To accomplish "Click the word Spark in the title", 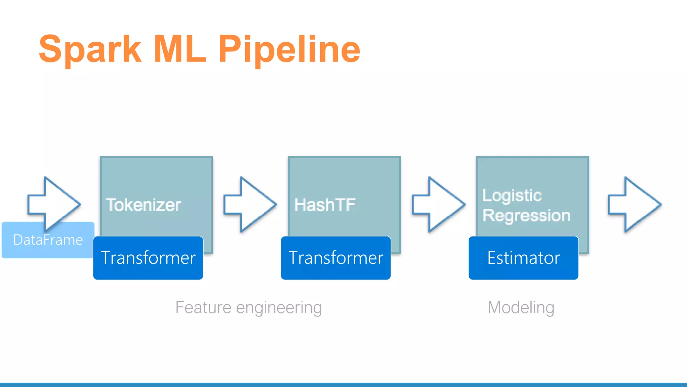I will tap(90, 50).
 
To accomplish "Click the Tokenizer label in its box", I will tap(143, 205).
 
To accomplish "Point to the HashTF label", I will tap(325, 205).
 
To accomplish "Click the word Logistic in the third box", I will tap(512, 196).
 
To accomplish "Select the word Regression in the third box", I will tap(526, 215).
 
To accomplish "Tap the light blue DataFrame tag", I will tap(48, 240).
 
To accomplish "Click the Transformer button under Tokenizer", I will tap(148, 258).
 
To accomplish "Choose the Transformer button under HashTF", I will tap(336, 258).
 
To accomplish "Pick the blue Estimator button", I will tap(523, 258).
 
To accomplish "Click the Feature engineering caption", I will tap(249, 307).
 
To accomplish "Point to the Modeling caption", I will tap(521, 307).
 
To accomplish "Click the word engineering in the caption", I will tap(279, 308).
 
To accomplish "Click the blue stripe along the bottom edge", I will tap(343, 385).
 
